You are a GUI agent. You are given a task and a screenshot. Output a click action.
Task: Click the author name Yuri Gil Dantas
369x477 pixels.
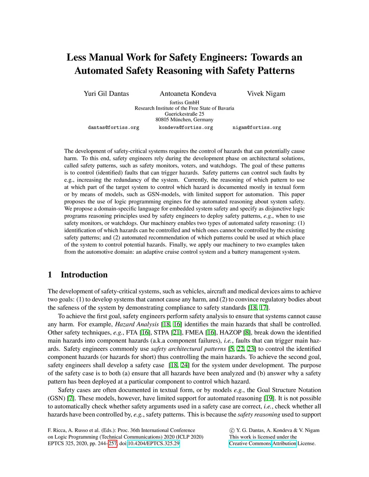click(106, 94)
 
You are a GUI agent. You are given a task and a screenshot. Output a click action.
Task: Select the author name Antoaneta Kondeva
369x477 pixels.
click(188, 94)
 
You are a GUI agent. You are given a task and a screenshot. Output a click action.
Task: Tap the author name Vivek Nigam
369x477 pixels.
click(266, 94)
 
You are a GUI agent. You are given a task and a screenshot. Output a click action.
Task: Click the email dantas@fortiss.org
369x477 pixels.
click(114, 127)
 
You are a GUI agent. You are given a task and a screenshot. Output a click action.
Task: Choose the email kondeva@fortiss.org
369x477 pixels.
click(186, 127)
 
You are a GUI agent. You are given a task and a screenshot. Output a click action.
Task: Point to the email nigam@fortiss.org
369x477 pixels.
click(257, 127)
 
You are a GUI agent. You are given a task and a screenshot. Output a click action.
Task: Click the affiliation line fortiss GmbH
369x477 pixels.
click(184, 103)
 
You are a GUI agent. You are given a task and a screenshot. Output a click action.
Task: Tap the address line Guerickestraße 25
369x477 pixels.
click(184, 114)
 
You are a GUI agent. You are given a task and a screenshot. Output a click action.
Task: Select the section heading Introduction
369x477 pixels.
click(84, 275)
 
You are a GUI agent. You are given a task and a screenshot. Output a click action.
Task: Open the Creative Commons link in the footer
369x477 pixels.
click(250, 444)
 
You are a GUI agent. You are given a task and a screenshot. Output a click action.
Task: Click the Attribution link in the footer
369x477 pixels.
click(284, 444)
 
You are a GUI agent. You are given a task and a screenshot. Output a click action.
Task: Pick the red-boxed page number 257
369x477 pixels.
click(112, 444)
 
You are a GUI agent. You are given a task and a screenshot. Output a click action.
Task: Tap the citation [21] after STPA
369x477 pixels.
click(177, 333)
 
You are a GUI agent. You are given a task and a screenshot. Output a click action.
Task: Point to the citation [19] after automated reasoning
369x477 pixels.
click(269, 398)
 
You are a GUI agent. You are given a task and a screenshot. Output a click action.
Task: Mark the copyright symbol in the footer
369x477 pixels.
click(232, 430)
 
